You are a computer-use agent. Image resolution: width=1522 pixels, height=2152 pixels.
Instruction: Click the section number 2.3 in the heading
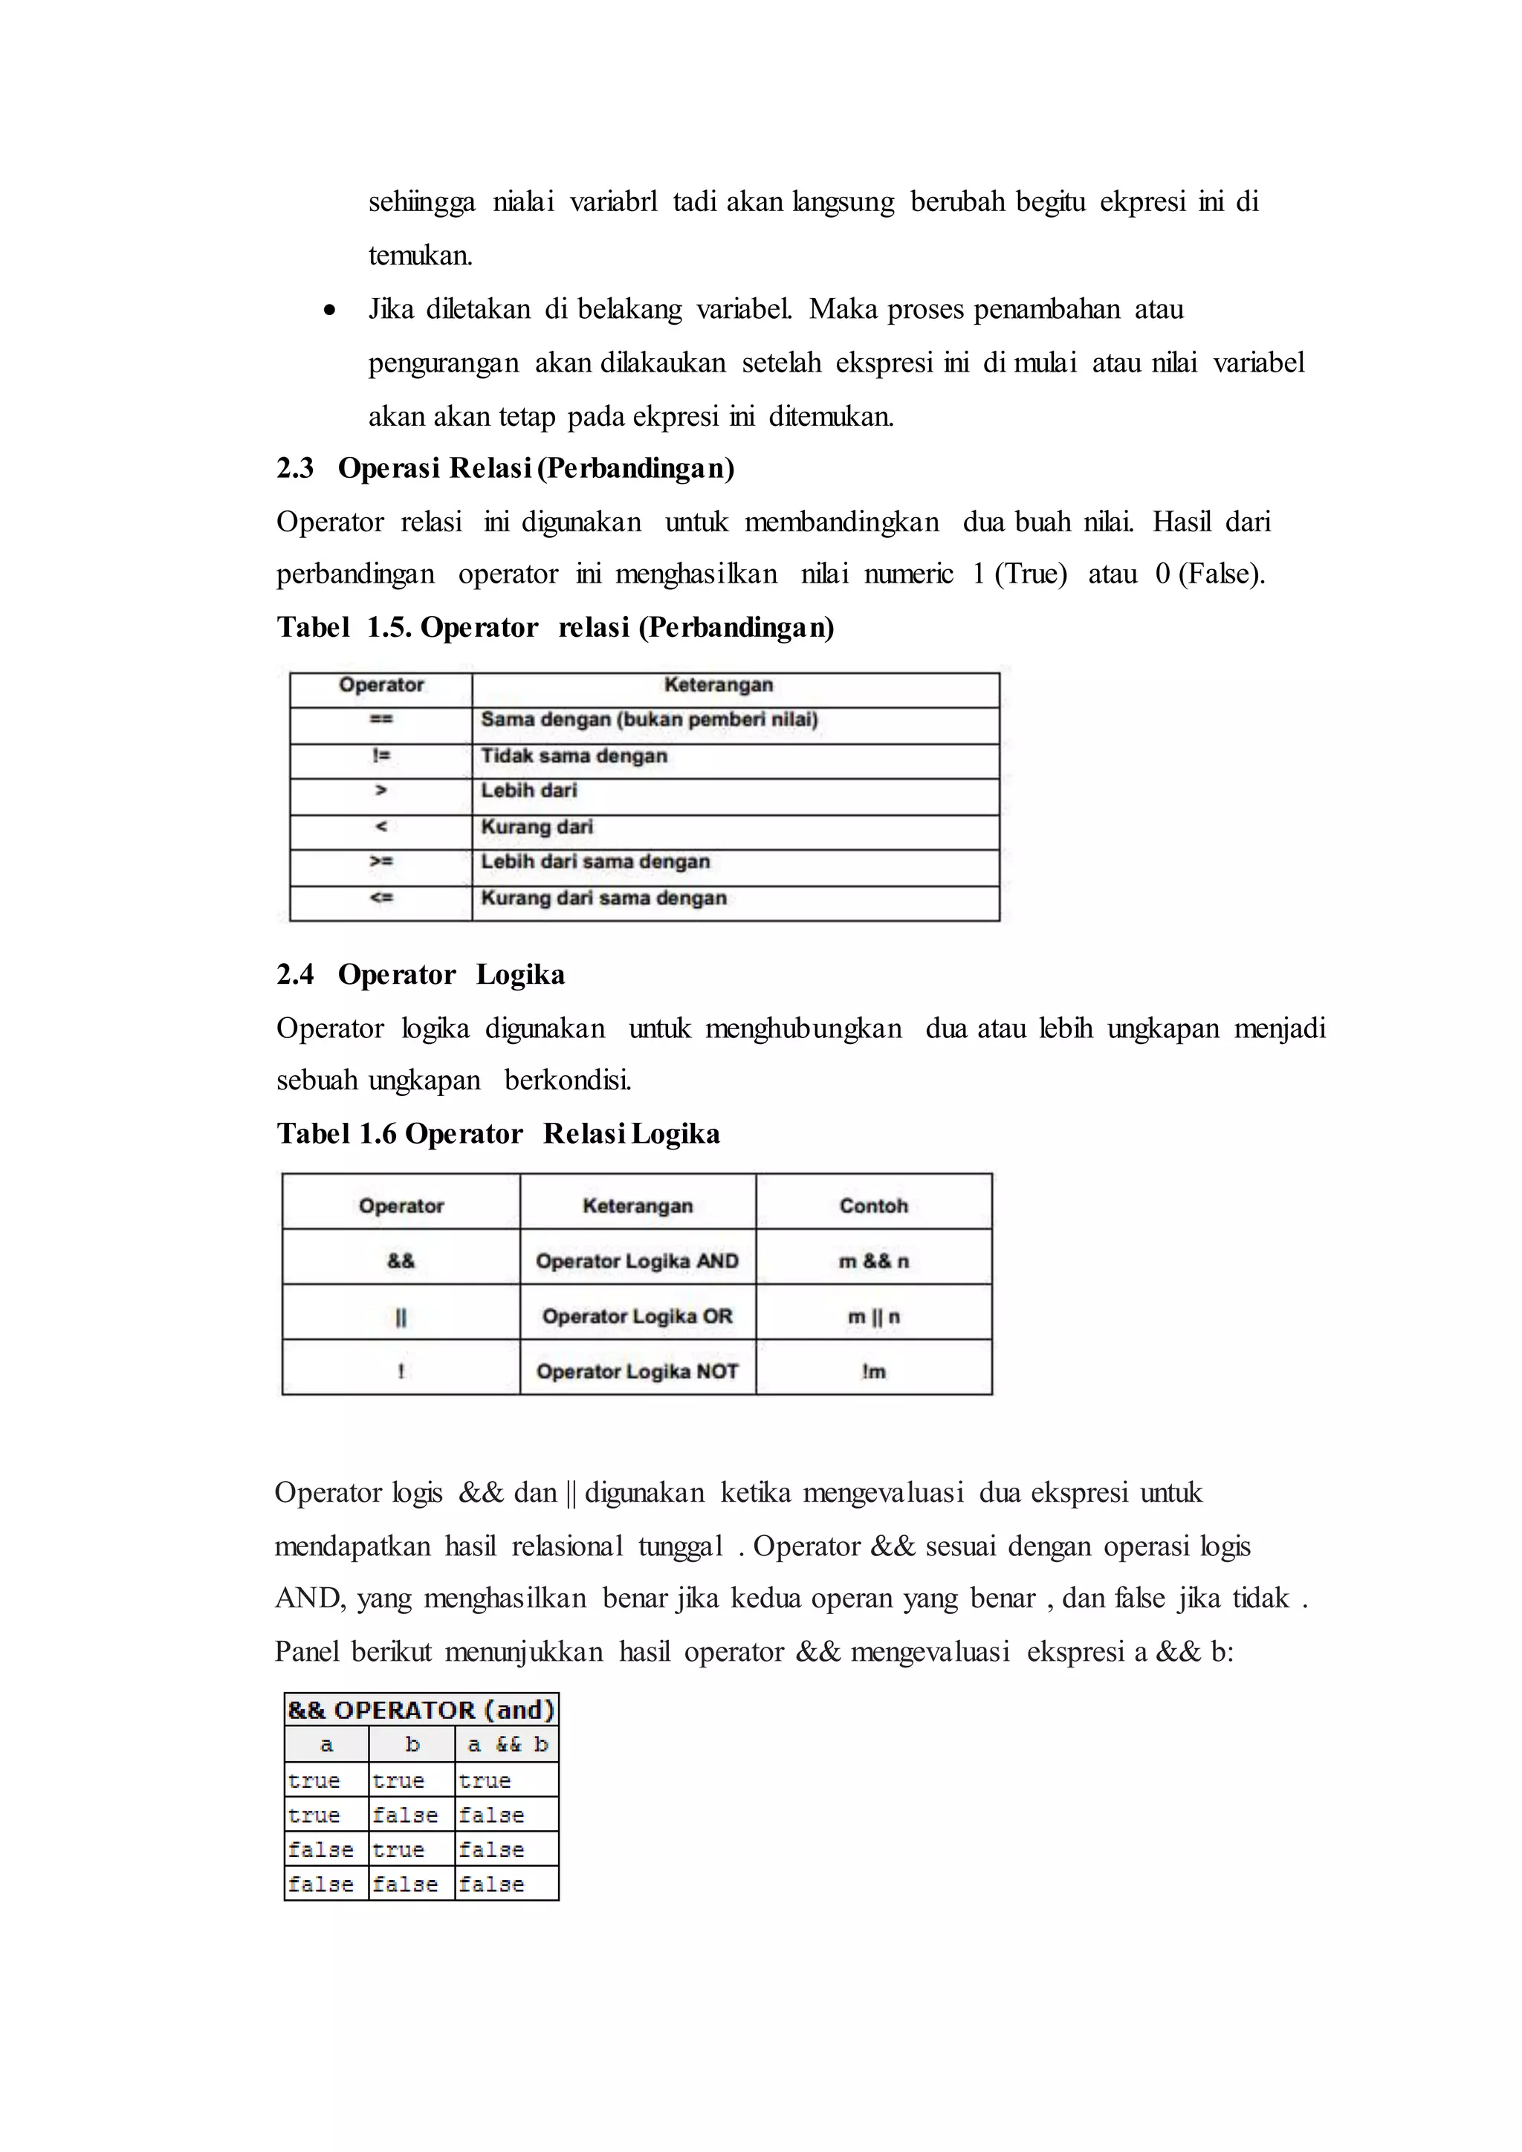pyautogui.click(x=295, y=467)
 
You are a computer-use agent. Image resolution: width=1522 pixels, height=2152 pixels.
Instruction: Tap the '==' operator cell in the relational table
pyautogui.click(x=380, y=720)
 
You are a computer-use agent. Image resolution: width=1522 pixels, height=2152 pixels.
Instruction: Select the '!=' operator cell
pyautogui.click(x=380, y=756)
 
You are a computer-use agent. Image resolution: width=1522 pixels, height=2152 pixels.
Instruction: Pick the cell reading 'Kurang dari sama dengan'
pyautogui.click(x=603, y=898)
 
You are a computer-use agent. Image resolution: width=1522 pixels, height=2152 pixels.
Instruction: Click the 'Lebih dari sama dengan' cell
pyautogui.click(x=595, y=861)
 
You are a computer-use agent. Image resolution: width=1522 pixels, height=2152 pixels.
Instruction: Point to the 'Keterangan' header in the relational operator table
pyautogui.click(x=718, y=685)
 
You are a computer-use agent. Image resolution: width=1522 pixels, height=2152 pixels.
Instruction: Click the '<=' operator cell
pyautogui.click(x=380, y=898)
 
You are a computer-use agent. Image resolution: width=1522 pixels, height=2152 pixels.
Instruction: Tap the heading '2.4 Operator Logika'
pyautogui.click(x=420, y=975)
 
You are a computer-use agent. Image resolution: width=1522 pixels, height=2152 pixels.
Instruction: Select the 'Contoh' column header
pyautogui.click(x=873, y=1205)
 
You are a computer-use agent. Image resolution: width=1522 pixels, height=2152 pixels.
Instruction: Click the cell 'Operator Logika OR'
pyautogui.click(x=638, y=1316)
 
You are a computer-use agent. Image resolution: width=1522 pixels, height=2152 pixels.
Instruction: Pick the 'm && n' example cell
pyautogui.click(x=873, y=1260)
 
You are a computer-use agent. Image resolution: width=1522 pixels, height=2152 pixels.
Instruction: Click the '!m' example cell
pyautogui.click(x=873, y=1371)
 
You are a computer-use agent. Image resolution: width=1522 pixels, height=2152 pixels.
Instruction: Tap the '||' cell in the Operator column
pyautogui.click(x=401, y=1317)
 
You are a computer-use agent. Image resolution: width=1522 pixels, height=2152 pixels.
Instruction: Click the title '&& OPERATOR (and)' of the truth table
pyautogui.click(x=421, y=1710)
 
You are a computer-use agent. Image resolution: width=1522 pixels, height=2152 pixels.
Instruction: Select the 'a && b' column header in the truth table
pyautogui.click(x=507, y=1744)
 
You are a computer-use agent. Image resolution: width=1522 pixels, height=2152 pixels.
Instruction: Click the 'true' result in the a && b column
pyautogui.click(x=485, y=1780)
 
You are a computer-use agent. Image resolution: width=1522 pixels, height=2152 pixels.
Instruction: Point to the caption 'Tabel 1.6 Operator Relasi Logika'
pyautogui.click(x=498, y=1134)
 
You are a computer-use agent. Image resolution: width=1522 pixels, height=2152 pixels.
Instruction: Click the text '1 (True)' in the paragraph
pyautogui.click(x=1020, y=574)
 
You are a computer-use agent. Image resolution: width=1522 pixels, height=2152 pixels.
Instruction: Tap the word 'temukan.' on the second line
pyautogui.click(x=420, y=256)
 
